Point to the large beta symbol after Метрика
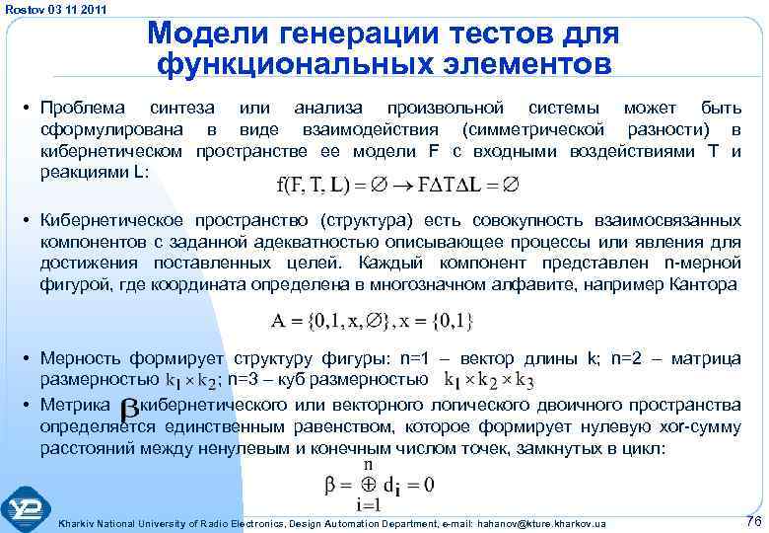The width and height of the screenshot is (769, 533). click(x=128, y=410)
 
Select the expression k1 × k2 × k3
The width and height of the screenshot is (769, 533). click(x=490, y=380)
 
